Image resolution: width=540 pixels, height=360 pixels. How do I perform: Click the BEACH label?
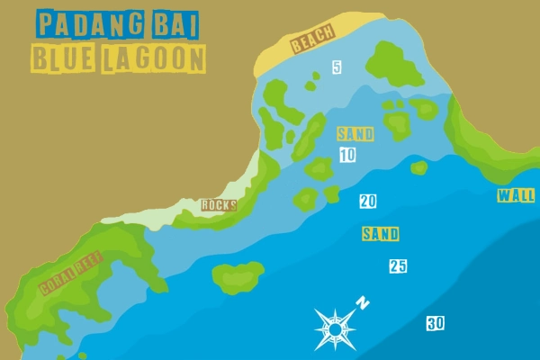[312, 40]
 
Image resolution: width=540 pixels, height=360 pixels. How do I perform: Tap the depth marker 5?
[337, 67]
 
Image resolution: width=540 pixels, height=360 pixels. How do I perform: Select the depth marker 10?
[347, 156]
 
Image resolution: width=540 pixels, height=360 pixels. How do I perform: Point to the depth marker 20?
[367, 202]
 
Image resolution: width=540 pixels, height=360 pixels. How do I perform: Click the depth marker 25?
[398, 266]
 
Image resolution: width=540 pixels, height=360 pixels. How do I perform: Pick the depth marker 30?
[436, 324]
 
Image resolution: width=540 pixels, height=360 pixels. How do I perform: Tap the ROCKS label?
[219, 205]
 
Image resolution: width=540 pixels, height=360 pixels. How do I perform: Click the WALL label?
[516, 196]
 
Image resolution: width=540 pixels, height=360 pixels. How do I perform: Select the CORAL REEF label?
[71, 274]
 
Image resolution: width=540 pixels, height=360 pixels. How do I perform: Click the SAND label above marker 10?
[355, 134]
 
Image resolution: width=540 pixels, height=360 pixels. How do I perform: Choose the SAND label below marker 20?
[380, 234]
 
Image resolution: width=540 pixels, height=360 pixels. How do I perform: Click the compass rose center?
[335, 329]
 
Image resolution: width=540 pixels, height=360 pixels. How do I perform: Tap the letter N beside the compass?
[362, 302]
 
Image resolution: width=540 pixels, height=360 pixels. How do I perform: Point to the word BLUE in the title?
[63, 59]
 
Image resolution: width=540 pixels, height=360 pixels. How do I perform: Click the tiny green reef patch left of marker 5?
[311, 87]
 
